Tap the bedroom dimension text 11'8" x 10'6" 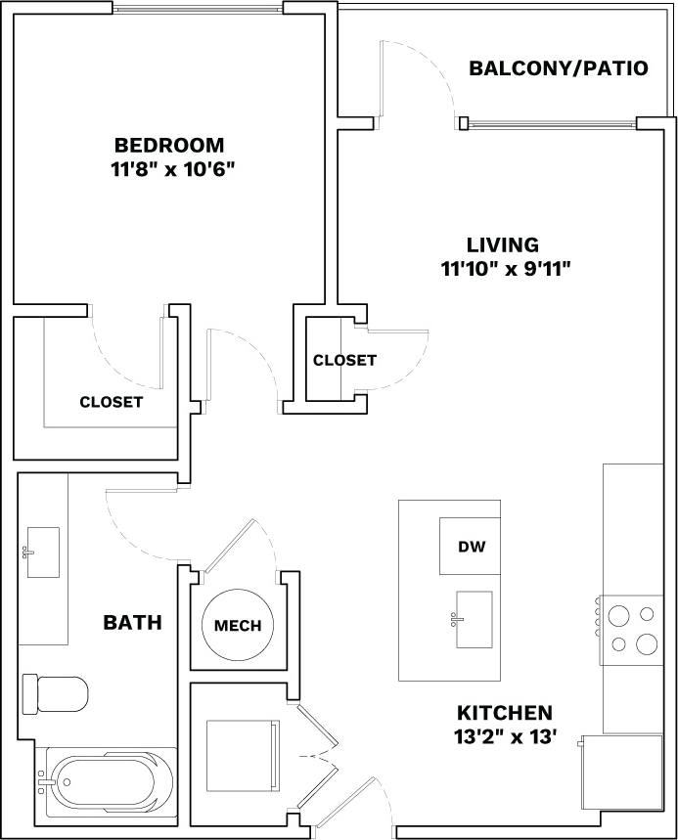[x=174, y=168]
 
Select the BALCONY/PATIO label [x=558, y=68]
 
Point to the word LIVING [x=502, y=244]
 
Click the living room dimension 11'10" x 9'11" [x=505, y=268]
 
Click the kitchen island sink [x=474, y=619]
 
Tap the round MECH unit [x=238, y=625]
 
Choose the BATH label [x=133, y=622]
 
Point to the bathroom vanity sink [x=42, y=553]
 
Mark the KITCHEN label [x=504, y=713]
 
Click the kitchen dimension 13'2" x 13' [x=504, y=737]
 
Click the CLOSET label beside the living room [x=344, y=360]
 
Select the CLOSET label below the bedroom [x=112, y=402]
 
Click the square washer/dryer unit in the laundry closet [x=243, y=755]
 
